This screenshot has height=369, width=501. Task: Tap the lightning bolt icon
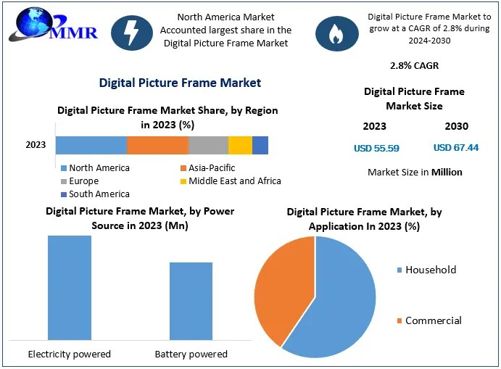click(133, 33)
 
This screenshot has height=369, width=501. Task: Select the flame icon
click(334, 32)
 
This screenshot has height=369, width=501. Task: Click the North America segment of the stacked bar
click(91, 145)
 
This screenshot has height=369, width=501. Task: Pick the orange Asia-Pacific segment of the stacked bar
click(157, 145)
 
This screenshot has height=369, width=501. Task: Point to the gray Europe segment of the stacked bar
click(208, 145)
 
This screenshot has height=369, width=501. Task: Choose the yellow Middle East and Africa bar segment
click(240, 145)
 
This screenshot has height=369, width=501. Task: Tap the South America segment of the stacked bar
click(260, 145)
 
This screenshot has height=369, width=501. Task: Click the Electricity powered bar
click(70, 287)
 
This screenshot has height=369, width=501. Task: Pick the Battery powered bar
click(191, 301)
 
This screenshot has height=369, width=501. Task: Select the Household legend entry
click(430, 270)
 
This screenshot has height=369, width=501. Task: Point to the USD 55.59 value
click(376, 148)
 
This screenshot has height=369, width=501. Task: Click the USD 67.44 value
click(455, 148)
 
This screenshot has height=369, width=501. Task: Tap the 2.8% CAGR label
click(414, 66)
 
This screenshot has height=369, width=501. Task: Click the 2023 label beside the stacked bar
click(36, 145)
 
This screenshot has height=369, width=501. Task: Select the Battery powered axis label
click(191, 355)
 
